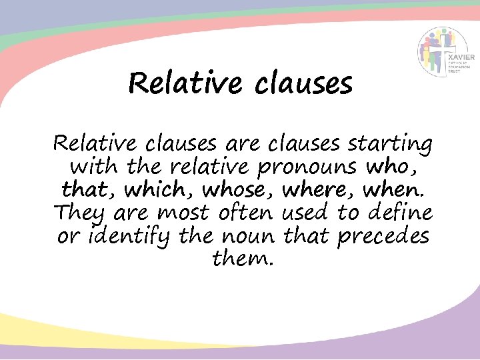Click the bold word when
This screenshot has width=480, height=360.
[x=393, y=191]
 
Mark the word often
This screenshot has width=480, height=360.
[x=243, y=213]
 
